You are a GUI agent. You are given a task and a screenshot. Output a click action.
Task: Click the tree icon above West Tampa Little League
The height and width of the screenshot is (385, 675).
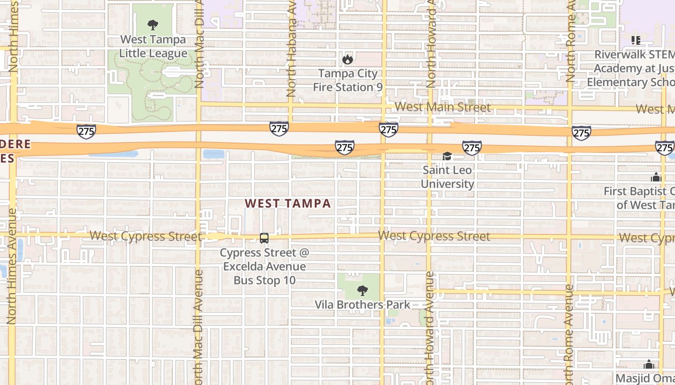pos(153,25)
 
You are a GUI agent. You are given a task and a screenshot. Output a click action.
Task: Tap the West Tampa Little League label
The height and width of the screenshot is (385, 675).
pos(153,46)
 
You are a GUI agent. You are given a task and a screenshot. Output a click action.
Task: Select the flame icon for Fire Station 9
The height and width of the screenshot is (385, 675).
pos(347,60)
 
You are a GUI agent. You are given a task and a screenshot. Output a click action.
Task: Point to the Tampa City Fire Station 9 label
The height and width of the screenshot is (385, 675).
pos(348,80)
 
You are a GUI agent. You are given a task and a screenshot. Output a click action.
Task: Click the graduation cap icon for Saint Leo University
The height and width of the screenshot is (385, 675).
pos(447,156)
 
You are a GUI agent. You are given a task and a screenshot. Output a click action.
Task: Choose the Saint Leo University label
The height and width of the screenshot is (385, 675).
pos(447,177)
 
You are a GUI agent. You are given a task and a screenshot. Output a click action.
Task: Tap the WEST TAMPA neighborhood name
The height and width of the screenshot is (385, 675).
pos(288,203)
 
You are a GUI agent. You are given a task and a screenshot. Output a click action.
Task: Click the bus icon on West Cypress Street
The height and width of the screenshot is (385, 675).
pos(264,238)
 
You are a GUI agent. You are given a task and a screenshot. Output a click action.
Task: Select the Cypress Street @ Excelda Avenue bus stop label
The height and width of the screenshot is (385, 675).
pos(264,266)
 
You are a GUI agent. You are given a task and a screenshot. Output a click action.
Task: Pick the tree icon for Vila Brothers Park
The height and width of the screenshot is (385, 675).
pos(362,290)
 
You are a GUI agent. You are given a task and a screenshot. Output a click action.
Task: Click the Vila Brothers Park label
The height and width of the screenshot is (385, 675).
pos(362,305)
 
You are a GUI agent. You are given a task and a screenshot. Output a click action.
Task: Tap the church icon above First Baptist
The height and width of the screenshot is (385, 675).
pos(656,178)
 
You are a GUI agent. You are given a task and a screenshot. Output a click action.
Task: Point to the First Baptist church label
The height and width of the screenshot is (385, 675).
pos(639,198)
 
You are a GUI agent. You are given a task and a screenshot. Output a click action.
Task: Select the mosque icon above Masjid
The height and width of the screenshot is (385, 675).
pos(649,364)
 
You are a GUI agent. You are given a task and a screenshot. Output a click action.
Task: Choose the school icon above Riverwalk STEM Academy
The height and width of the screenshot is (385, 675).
pos(636,40)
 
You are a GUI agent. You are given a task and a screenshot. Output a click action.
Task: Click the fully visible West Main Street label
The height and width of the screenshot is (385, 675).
pos(442,107)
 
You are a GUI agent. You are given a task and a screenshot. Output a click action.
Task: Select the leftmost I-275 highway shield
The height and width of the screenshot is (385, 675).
pos(86,131)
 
